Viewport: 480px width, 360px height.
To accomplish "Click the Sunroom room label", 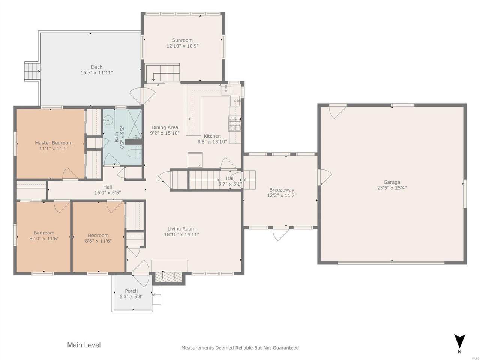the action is pyautogui.click(x=182, y=40).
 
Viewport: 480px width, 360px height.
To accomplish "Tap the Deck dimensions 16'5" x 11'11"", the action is pyautogui.click(x=97, y=73).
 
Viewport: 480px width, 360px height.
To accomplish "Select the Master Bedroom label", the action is pyautogui.click(x=54, y=143).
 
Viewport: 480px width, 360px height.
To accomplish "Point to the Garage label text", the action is pyautogui.click(x=392, y=182).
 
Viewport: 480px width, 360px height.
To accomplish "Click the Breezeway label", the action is pyautogui.click(x=282, y=190).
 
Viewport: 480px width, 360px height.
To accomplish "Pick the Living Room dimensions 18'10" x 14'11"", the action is pyautogui.click(x=181, y=234).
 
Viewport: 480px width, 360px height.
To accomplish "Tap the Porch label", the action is pyautogui.click(x=131, y=291).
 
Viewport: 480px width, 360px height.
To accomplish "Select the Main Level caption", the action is pyautogui.click(x=84, y=345).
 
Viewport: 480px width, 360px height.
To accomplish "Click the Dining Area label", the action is pyautogui.click(x=165, y=127).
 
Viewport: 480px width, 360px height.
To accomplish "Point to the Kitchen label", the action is pyautogui.click(x=212, y=136).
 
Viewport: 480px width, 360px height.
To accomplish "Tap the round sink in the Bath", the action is pyautogui.click(x=107, y=120).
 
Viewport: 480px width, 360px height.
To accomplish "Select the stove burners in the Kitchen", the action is pyautogui.click(x=235, y=124).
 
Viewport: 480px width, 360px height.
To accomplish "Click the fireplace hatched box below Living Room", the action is pyautogui.click(x=168, y=277).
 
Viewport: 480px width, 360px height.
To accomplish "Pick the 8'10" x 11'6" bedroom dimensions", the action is pyautogui.click(x=44, y=238).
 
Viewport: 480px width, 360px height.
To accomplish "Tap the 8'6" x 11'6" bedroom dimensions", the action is pyautogui.click(x=98, y=241).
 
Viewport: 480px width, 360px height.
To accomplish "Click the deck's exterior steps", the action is pyautogui.click(x=32, y=71).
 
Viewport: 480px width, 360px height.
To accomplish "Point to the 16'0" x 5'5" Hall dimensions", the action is pyautogui.click(x=108, y=193).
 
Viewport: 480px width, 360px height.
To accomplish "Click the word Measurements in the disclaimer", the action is pyautogui.click(x=198, y=348).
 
